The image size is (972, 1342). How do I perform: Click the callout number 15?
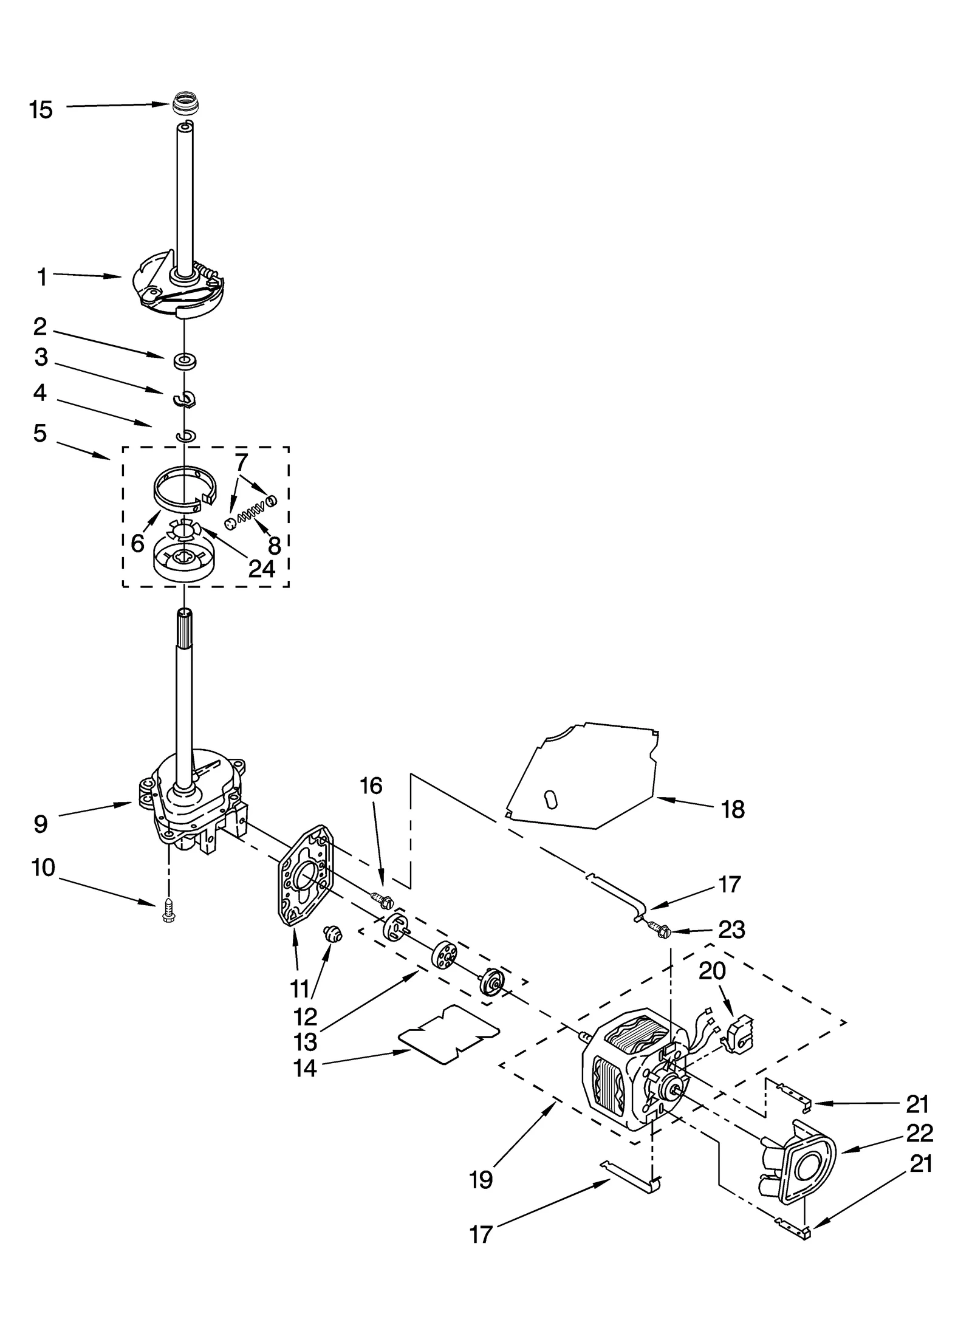pos(41,110)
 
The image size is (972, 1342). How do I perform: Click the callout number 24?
pos(262,569)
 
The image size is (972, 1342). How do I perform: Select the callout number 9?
pos(40,824)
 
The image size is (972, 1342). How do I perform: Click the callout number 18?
pos(733,809)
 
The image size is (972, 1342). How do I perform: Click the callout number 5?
pos(40,434)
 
